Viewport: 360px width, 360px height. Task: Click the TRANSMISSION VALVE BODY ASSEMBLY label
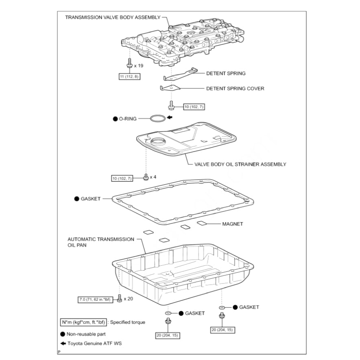tap(113, 17)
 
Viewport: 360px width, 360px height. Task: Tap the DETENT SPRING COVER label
tap(235, 88)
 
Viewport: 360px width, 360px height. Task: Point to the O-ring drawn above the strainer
tap(157, 118)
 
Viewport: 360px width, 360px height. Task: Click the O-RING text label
tap(128, 119)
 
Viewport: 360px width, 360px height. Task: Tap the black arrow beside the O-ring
tap(170, 118)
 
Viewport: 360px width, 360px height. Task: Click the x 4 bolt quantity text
tap(153, 177)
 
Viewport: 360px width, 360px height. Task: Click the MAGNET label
tap(232, 224)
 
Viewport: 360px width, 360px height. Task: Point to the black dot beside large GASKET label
tap(76, 199)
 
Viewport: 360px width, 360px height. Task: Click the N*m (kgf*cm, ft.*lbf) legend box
tap(83, 322)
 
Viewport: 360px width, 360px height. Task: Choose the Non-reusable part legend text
tap(86, 334)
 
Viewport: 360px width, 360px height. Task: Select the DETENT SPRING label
tap(226, 74)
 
